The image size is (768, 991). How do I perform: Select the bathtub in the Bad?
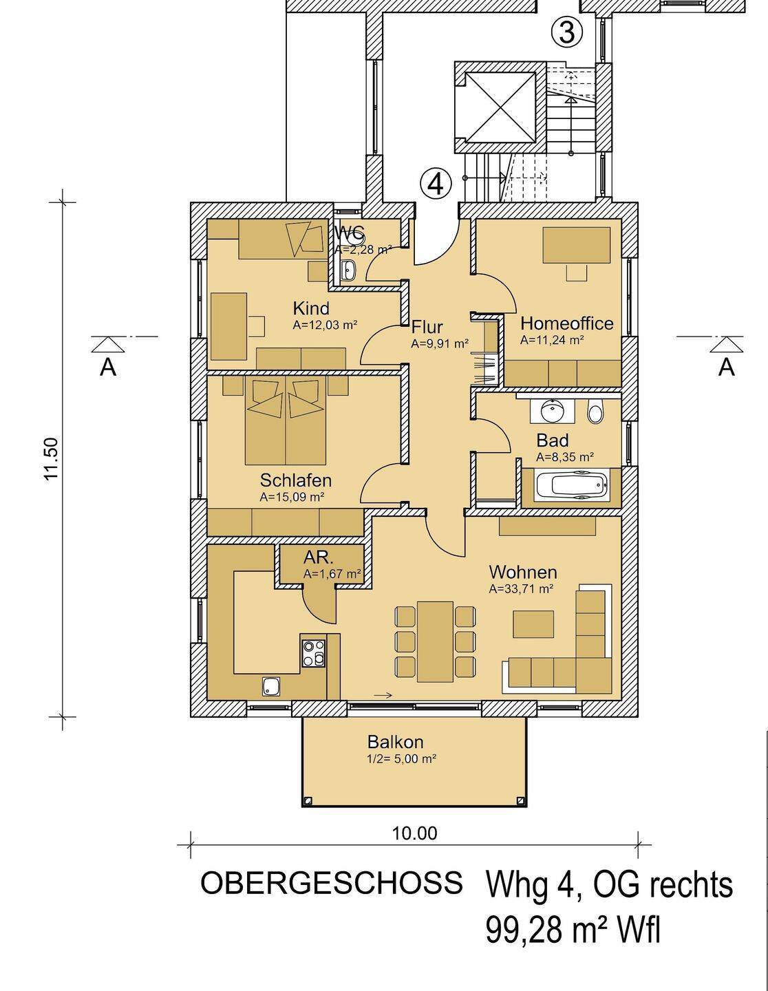(571, 485)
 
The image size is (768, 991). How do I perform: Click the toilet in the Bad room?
(595, 412)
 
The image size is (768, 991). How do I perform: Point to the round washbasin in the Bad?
(553, 410)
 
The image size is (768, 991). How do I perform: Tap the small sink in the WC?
(349, 270)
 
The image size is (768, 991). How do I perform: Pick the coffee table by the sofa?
(533, 624)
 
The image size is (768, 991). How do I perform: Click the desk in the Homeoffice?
(577, 246)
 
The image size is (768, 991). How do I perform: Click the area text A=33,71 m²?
(521, 589)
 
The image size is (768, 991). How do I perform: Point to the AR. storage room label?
(319, 558)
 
